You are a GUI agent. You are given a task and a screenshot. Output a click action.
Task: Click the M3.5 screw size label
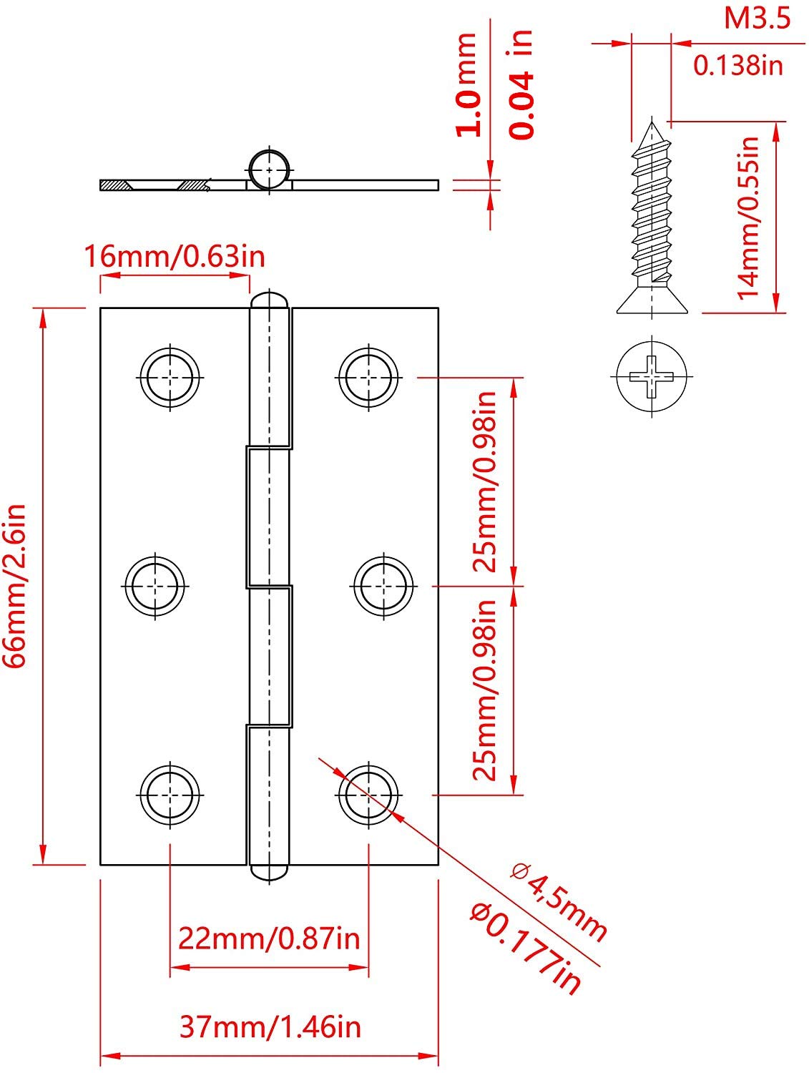(757, 18)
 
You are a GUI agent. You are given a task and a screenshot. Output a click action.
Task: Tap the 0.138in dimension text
(738, 66)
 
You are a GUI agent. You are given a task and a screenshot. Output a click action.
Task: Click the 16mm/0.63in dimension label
(175, 255)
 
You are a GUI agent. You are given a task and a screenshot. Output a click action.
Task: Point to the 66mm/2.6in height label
(15, 586)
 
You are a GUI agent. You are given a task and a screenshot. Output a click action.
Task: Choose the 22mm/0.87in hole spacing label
(269, 937)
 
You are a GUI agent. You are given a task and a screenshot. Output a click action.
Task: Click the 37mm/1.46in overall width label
(270, 1027)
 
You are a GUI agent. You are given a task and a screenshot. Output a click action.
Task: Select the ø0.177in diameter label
(526, 947)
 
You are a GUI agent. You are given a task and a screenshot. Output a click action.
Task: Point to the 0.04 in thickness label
(521, 84)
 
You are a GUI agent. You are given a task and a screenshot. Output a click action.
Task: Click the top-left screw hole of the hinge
(170, 376)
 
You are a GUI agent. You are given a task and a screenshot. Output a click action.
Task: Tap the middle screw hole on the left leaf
(155, 585)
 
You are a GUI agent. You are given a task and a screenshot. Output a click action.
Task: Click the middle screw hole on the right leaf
(383, 585)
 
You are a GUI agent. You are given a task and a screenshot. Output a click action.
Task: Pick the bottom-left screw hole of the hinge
(170, 794)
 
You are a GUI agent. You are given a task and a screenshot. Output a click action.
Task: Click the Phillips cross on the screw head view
(652, 376)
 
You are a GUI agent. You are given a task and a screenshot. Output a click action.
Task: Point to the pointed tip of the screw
(652, 123)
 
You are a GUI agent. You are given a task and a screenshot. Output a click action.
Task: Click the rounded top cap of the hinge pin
(270, 298)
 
